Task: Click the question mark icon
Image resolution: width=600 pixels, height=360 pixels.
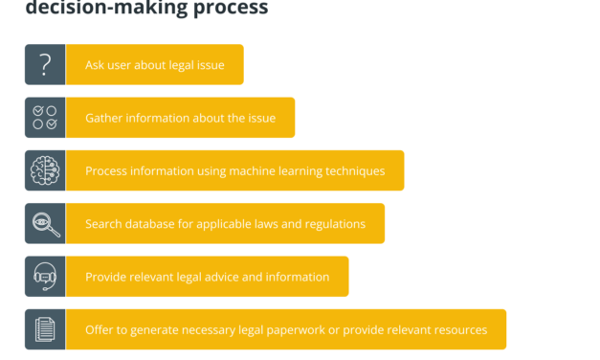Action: (x=45, y=65)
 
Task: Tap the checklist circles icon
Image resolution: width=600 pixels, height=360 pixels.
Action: (x=45, y=118)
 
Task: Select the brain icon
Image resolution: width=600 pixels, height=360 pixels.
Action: (x=45, y=170)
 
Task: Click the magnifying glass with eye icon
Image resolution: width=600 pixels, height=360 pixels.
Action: (x=45, y=224)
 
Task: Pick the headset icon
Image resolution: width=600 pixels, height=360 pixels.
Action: (x=45, y=277)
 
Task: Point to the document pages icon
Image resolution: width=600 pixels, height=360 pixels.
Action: (x=45, y=329)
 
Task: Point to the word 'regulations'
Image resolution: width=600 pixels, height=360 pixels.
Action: (x=331, y=224)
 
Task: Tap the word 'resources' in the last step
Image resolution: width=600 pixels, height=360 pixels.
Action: (x=455, y=330)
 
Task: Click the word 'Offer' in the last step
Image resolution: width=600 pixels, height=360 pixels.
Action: (x=100, y=330)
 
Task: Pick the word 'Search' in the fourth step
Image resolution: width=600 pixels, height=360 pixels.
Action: (x=104, y=224)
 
